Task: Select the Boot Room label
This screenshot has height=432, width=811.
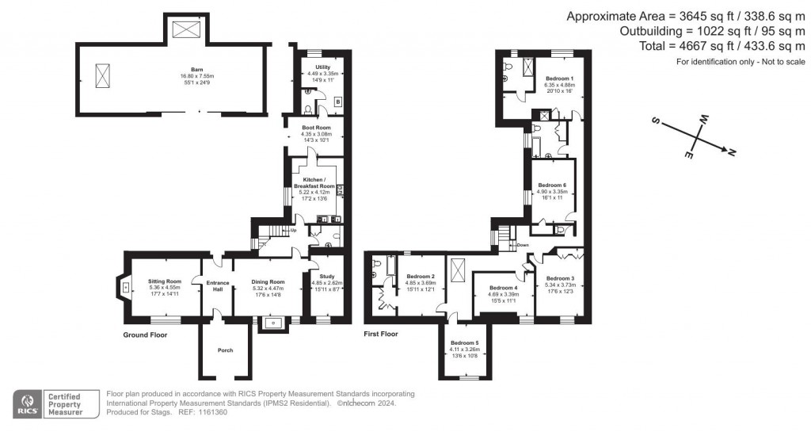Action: (x=317, y=128)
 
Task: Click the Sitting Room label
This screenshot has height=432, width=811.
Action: (x=166, y=281)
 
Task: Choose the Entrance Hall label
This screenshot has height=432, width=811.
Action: (x=217, y=285)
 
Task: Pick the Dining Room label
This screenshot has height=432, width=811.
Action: (x=268, y=281)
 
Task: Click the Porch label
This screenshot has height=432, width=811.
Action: (x=226, y=350)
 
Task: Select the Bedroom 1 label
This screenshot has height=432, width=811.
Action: (x=559, y=78)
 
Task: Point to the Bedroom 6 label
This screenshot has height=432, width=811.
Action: (x=551, y=185)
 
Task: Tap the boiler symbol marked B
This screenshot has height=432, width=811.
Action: (x=338, y=101)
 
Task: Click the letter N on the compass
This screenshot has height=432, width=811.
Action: (x=731, y=152)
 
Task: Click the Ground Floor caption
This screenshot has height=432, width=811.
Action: (x=143, y=335)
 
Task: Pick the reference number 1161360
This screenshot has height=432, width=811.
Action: (x=211, y=411)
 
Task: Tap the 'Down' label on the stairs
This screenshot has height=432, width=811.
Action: (x=522, y=245)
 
